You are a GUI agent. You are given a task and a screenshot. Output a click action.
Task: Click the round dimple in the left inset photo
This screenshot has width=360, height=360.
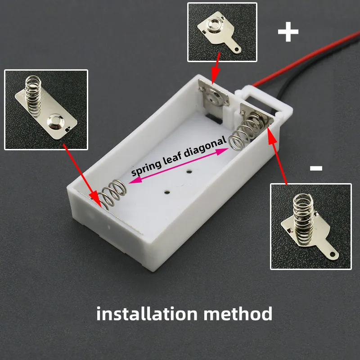(57, 120)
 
